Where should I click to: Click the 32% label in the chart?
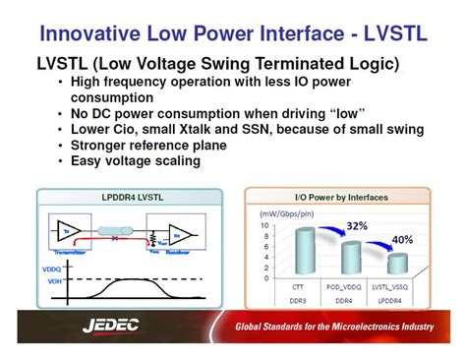357,224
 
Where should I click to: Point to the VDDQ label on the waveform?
49,269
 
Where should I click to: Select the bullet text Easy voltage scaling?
148,160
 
